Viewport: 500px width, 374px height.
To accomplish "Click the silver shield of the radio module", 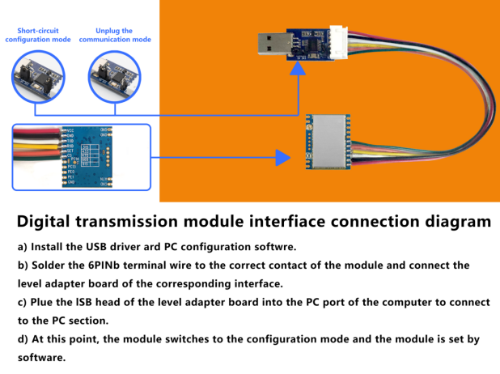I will pyautogui.click(x=328, y=142).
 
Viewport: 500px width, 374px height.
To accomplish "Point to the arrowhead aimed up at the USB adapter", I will pyautogui.click(x=299, y=72).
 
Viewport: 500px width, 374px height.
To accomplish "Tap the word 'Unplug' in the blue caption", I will pyautogui.click(x=96, y=30).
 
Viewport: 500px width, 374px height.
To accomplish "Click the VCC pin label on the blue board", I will pyautogui.click(x=71, y=130).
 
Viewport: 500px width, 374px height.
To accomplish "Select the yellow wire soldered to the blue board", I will pyautogui.click(x=32, y=148).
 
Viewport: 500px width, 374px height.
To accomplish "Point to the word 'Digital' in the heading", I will pyautogui.click(x=49, y=221).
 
